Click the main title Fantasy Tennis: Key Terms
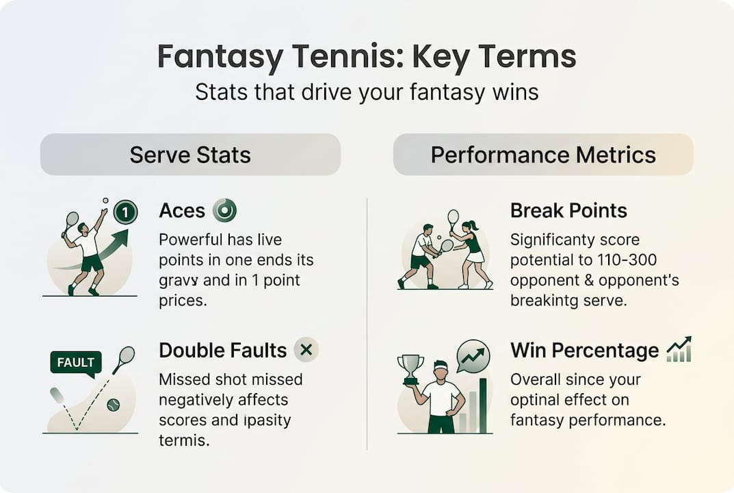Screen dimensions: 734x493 [367, 57]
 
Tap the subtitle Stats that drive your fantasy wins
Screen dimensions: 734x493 [367, 92]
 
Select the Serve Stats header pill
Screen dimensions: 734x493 [190, 155]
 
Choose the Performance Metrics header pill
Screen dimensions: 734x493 [543, 155]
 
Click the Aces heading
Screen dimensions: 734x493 [182, 211]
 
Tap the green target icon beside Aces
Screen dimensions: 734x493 [224, 210]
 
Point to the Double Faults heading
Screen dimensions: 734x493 [222, 351]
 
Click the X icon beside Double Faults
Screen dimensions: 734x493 [306, 350]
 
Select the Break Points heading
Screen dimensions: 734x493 [568, 211]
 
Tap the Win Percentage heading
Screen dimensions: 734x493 [584, 351]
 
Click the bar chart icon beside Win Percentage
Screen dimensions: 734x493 [679, 350]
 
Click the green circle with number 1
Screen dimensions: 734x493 [125, 213]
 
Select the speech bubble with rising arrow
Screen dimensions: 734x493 [473, 357]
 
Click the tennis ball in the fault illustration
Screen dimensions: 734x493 [114, 405]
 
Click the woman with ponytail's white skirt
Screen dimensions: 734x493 [475, 257]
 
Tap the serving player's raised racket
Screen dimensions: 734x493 [70, 223]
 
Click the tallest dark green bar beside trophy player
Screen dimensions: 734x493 [483, 406]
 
